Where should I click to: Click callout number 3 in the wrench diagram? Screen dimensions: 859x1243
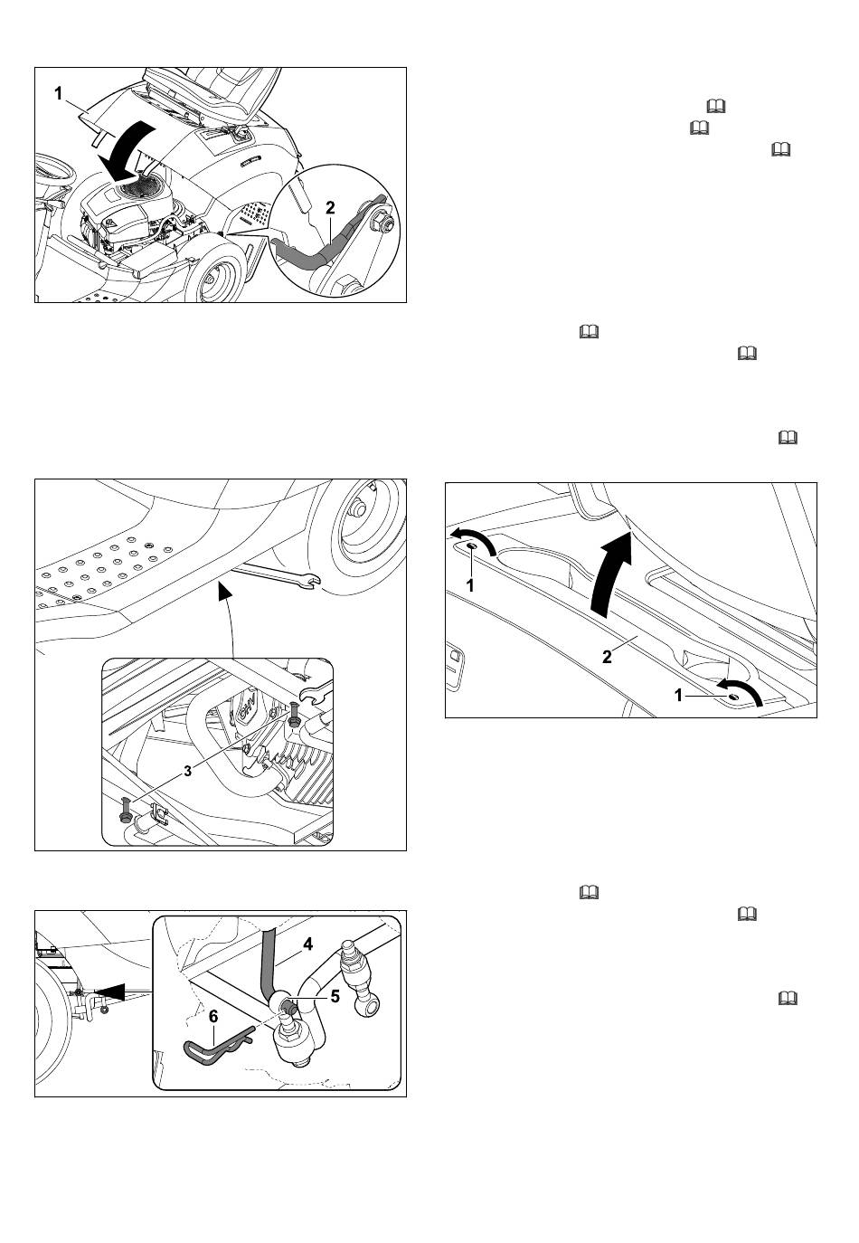click(188, 771)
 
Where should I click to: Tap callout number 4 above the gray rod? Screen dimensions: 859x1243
click(307, 944)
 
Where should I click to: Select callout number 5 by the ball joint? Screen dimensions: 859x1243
click(335, 996)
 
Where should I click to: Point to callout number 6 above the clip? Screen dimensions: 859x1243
click(213, 1017)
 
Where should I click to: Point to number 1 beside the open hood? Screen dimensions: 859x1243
click(59, 94)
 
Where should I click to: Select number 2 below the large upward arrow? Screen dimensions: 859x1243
click(608, 657)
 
